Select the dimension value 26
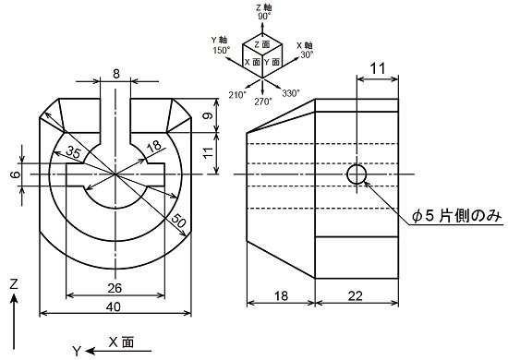pos(115,288)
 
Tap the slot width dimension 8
pos(116,74)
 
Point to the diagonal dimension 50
pos(178,221)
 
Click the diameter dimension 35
pos(74,151)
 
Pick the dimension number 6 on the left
pos(15,174)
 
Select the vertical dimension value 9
pos(210,115)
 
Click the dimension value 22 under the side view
pos(356,296)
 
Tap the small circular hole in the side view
pos(357,174)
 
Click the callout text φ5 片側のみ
pos(457,216)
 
